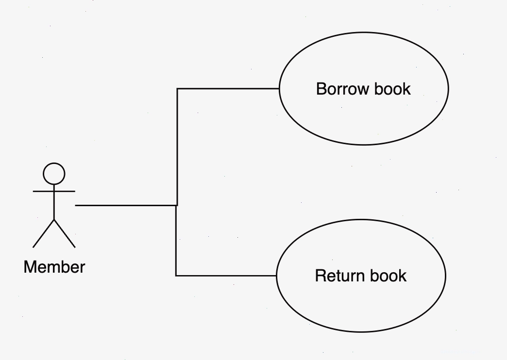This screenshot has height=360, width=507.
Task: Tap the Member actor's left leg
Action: [43, 234]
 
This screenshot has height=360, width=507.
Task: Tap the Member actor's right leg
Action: [65, 234]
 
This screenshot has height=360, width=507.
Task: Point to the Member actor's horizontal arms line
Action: [54, 191]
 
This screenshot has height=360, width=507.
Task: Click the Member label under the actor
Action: [54, 267]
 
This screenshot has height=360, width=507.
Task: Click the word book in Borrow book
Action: [392, 89]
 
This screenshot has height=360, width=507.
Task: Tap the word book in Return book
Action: [389, 276]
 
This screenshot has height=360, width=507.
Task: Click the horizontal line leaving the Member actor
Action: [126, 205]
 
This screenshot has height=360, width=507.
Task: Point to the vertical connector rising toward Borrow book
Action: [177, 147]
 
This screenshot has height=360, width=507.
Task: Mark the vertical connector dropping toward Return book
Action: [176, 241]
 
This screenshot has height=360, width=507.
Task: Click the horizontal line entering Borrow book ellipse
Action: [228, 89]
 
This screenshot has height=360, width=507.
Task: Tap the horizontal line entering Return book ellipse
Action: [226, 276]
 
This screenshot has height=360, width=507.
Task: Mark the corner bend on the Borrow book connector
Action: [177, 89]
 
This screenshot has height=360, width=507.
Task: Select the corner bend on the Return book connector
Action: [176, 276]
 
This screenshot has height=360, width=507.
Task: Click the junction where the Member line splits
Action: [177, 205]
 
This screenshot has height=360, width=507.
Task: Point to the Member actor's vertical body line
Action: [54, 202]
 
